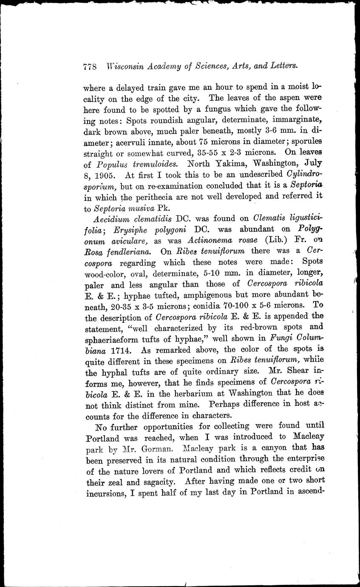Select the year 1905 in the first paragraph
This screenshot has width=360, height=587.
pyautogui.click(x=102, y=174)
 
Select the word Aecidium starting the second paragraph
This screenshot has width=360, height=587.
pyautogui.click(x=111, y=219)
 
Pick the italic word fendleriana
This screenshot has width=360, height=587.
pyautogui.click(x=127, y=252)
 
